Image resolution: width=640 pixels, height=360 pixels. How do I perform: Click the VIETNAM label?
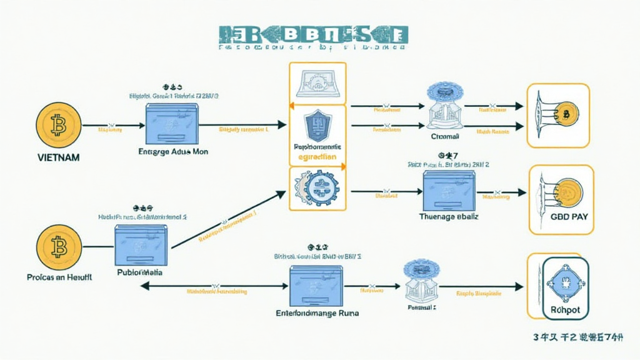(x=58, y=157)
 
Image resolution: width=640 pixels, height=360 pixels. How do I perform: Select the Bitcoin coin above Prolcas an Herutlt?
(x=58, y=247)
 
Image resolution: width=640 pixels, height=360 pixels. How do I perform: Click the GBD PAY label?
(x=562, y=217)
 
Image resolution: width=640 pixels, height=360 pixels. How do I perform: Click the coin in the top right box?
(x=566, y=114)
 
